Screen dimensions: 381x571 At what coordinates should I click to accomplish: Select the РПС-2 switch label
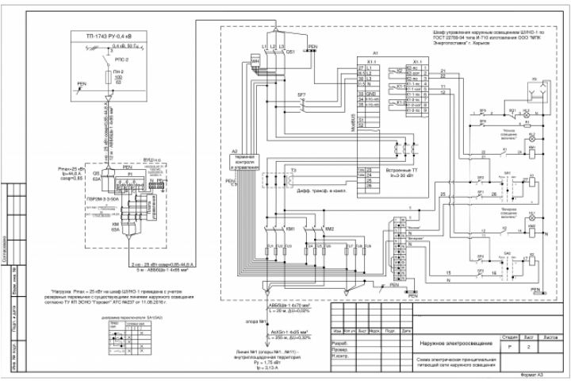pyautogui.click(x=121, y=58)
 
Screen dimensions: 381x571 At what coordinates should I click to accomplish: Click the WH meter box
pyautogui.click(x=255, y=61)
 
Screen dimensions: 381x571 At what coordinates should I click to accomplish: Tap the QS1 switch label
pyautogui.click(x=290, y=52)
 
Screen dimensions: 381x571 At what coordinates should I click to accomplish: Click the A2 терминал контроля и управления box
pyautogui.click(x=246, y=160)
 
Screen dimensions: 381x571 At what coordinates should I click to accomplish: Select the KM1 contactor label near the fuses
pyautogui.click(x=290, y=229)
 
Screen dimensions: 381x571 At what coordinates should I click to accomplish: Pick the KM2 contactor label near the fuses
pyautogui.click(x=329, y=229)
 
